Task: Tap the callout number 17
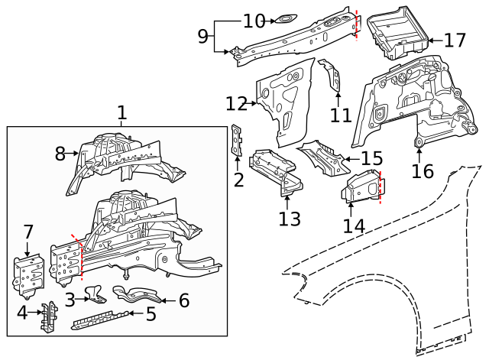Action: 455,40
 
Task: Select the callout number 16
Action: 422,170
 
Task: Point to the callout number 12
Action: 236,102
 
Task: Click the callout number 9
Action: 202,35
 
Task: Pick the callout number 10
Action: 254,21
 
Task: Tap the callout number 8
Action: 61,153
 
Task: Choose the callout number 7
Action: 28,231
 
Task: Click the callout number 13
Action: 290,219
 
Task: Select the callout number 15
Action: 371,159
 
